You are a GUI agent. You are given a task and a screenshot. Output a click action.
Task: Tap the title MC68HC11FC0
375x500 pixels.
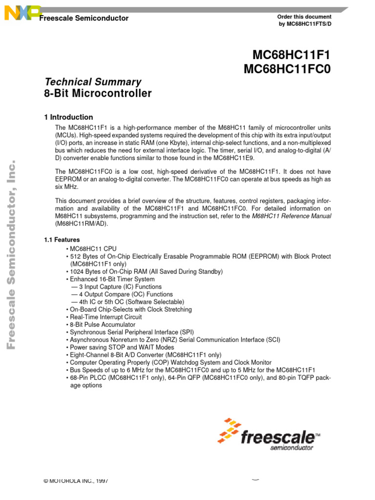(287, 70)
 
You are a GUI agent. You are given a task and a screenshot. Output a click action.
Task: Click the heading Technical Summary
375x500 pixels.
(92, 82)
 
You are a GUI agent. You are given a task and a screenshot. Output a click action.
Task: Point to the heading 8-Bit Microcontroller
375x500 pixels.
(98, 93)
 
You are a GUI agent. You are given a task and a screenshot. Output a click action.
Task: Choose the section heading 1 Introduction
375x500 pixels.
(68, 117)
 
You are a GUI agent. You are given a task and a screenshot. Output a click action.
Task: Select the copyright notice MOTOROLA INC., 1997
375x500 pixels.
(76, 481)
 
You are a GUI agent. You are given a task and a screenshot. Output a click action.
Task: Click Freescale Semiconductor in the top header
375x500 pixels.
(83, 19)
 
